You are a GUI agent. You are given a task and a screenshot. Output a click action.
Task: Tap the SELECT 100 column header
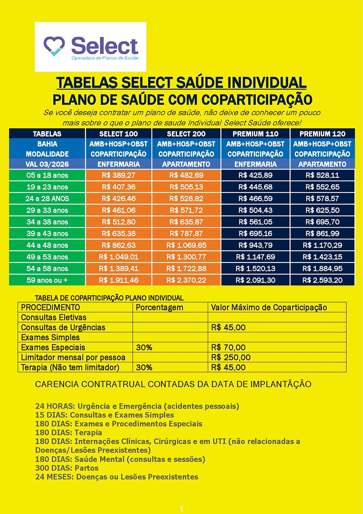tap(119, 134)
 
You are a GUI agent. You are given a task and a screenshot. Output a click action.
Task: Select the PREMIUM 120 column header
tap(322, 134)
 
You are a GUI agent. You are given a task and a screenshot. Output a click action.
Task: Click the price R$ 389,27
tap(119, 175)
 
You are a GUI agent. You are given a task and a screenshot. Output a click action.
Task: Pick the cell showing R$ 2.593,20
tap(322, 280)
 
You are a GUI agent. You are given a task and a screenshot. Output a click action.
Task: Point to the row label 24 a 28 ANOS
tap(47, 199)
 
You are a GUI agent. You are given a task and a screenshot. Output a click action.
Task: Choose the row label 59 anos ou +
tap(47, 280)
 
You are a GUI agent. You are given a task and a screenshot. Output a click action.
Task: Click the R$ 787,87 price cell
tap(186, 234)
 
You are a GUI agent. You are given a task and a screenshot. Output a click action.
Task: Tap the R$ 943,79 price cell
tap(255, 246)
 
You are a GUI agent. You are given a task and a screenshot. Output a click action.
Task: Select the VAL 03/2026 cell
tap(47, 164)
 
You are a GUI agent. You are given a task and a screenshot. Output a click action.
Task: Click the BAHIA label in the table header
tap(47, 144)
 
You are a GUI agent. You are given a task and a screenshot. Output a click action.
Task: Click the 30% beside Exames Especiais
tap(144, 347)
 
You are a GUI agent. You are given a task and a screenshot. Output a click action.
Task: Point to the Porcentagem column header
tap(159, 307)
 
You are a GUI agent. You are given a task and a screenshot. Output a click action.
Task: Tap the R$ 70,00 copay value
tap(228, 347)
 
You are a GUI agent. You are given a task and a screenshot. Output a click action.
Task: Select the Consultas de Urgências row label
tap(63, 327)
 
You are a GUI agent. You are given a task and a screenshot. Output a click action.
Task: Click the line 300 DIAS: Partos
tap(67, 468)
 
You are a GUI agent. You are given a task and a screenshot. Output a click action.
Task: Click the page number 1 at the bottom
tap(181, 510)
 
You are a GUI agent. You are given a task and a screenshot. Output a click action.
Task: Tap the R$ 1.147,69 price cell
tap(255, 257)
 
